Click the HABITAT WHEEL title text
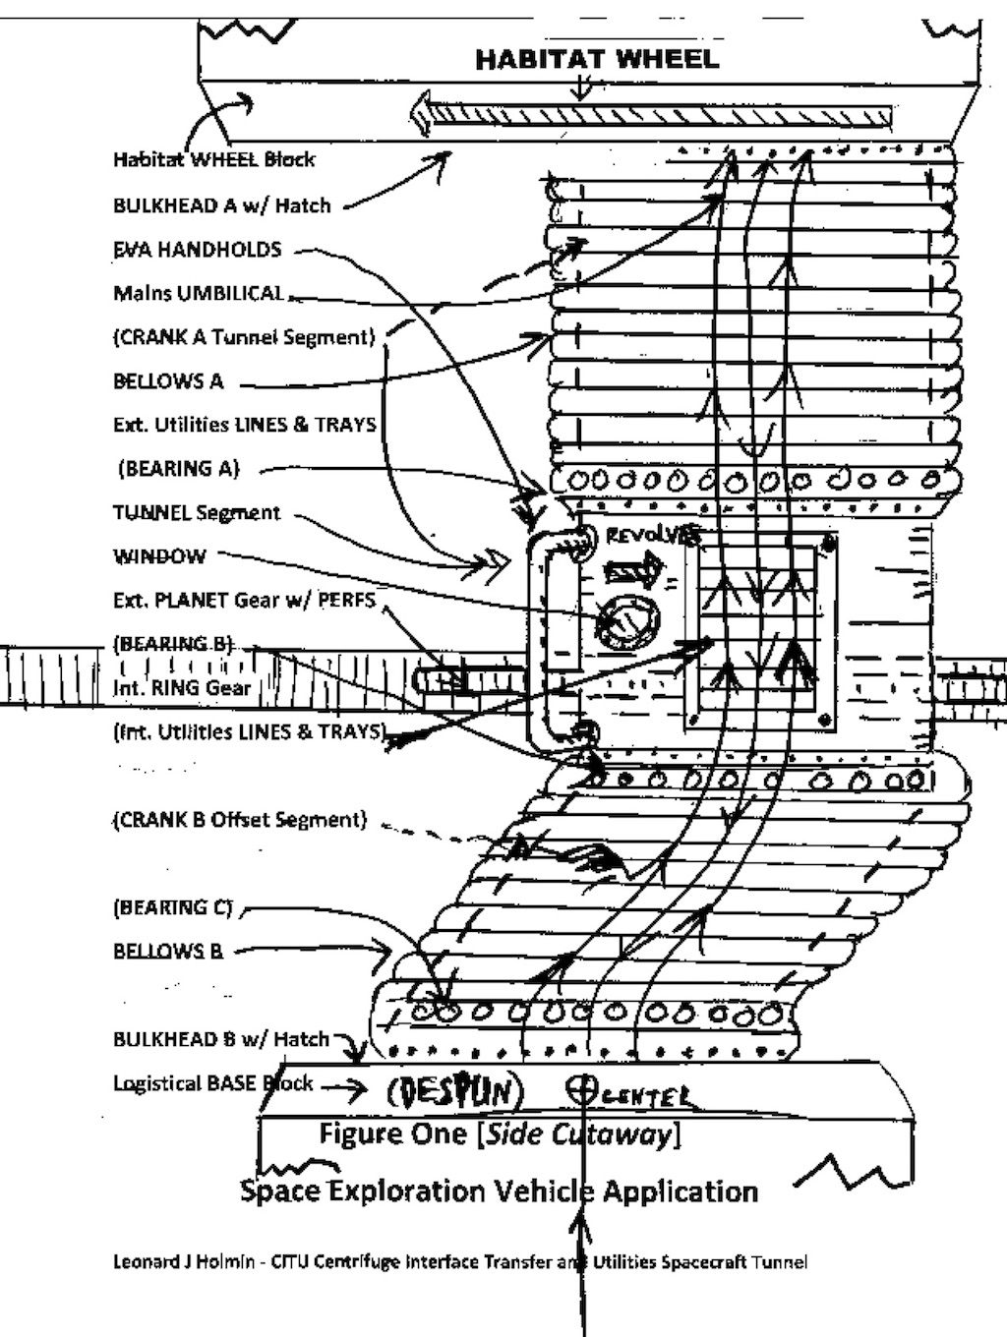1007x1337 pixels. [x=597, y=60]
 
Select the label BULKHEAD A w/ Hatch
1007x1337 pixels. [x=221, y=205]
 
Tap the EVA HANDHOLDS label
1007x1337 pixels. [x=197, y=250]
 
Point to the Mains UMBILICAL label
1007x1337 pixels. [x=198, y=293]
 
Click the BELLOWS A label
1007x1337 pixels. [x=168, y=381]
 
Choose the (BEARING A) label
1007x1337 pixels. [x=178, y=469]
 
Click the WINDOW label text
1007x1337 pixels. [x=159, y=556]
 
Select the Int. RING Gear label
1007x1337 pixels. [x=182, y=688]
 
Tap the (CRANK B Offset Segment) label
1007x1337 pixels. [x=240, y=820]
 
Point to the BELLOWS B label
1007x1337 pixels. [x=168, y=952]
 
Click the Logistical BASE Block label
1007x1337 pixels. [x=212, y=1083]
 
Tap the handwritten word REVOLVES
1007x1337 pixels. [x=652, y=536]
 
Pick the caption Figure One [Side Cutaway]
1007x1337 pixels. [x=499, y=1134]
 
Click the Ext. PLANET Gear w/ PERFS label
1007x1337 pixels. [x=244, y=600]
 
